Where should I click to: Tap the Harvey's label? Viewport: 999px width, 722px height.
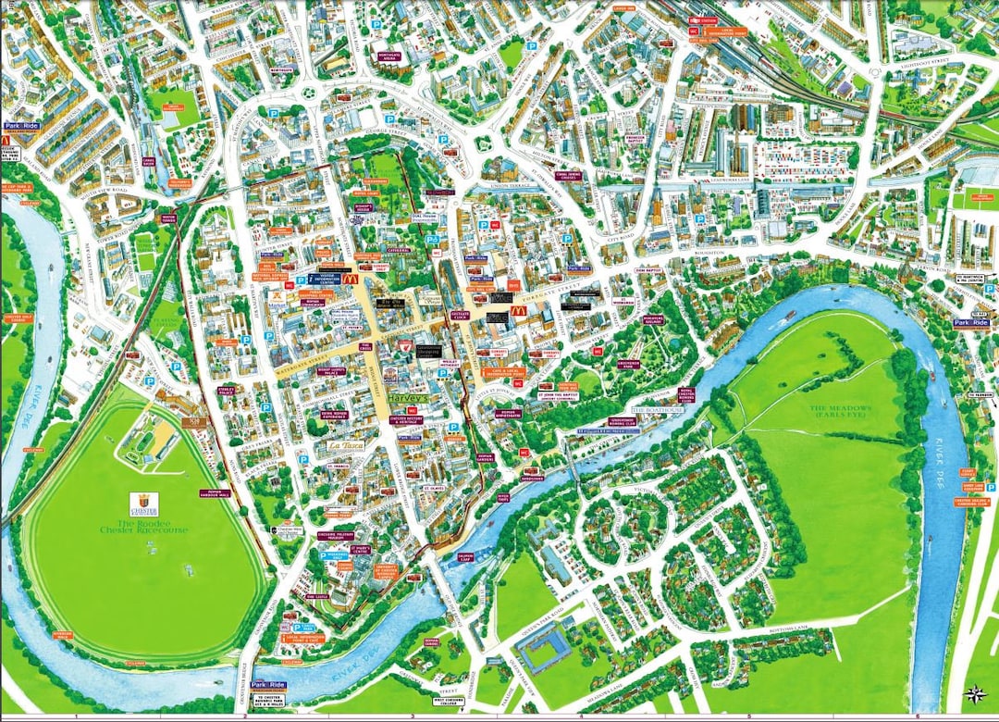410,397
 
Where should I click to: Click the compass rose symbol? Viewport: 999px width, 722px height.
973,693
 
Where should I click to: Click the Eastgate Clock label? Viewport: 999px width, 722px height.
460,316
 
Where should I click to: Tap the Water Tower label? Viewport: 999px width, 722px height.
168,219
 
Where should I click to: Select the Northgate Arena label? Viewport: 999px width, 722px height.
389,56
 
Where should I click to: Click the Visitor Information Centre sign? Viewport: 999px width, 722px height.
327,277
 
